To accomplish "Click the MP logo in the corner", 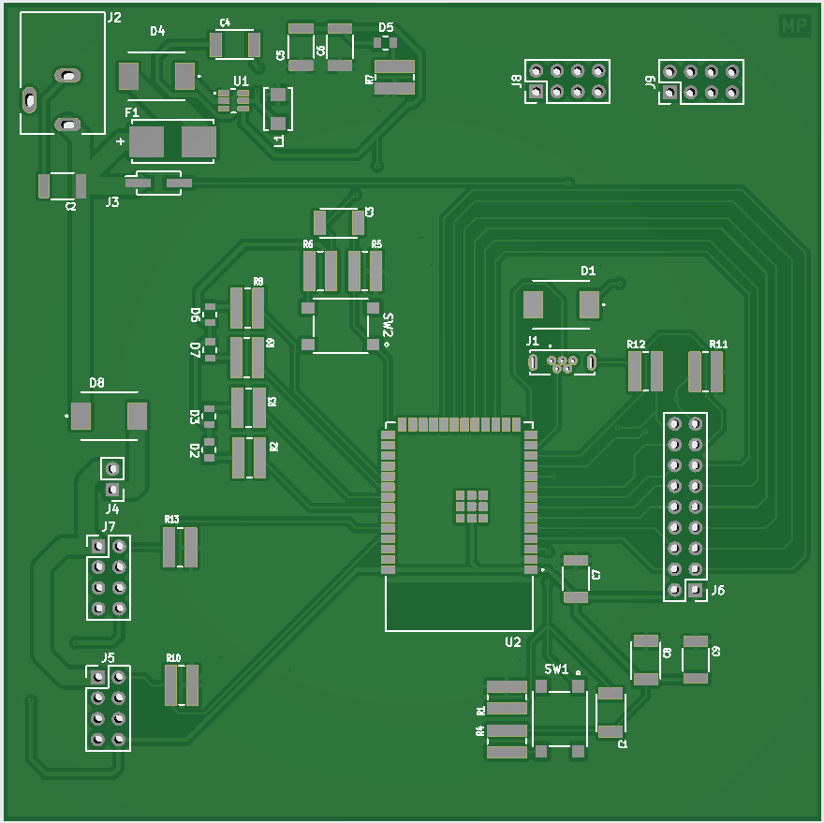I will [x=794, y=27].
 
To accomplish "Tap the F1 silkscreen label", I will [x=132, y=113].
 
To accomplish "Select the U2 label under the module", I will [x=512, y=642].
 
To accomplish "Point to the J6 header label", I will [x=717, y=591].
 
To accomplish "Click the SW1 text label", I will [x=556, y=669].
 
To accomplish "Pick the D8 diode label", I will [x=96, y=383].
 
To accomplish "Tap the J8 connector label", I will [x=517, y=81].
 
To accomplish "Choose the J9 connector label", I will [x=650, y=82].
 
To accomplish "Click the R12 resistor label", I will [x=636, y=345].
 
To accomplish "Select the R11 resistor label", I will [x=718, y=345].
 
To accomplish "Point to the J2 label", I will [x=114, y=18].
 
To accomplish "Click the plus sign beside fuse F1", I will [x=120, y=142].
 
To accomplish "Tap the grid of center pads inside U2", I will [x=471, y=505].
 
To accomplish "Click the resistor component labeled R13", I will [x=181, y=547].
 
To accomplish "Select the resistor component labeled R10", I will [x=182, y=685].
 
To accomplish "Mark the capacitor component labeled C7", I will [x=575, y=578].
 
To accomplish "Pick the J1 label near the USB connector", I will [x=532, y=341].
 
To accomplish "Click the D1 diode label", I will [x=588, y=272].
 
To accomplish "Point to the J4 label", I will [x=111, y=508].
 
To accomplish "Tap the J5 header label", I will [x=108, y=658].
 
